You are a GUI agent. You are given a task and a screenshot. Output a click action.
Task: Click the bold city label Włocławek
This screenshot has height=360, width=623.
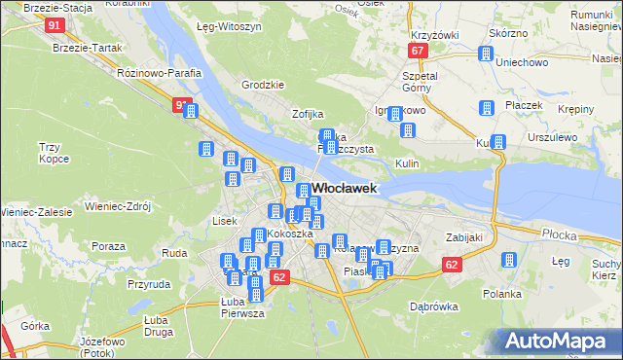click(x=344, y=189)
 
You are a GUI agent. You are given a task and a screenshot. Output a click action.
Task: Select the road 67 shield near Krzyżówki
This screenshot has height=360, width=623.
click(x=418, y=51)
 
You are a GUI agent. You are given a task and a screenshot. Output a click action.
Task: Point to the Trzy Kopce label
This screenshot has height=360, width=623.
click(x=50, y=152)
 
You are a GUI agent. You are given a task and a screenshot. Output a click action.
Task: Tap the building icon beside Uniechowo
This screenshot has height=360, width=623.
click(x=486, y=54)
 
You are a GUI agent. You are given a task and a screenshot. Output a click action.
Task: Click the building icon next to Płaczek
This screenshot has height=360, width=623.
click(x=486, y=109)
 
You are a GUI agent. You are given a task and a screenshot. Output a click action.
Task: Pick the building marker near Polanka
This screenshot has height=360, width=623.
click(x=507, y=261)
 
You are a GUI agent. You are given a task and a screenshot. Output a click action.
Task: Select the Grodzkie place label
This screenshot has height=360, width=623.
click(x=262, y=85)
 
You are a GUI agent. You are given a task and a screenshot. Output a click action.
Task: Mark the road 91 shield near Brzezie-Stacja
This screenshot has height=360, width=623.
click(x=55, y=25)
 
